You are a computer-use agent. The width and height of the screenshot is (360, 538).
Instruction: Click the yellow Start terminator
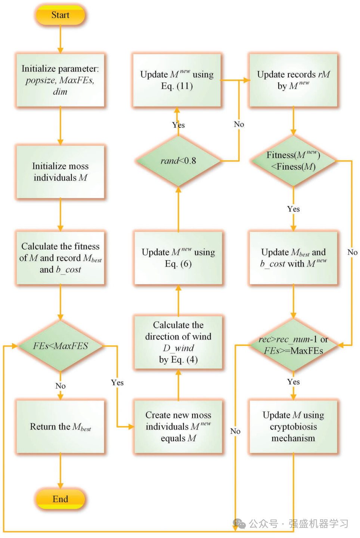[60, 15]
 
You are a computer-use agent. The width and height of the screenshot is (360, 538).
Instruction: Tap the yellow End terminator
[60, 499]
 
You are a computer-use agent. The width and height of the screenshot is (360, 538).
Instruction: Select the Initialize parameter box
[60, 80]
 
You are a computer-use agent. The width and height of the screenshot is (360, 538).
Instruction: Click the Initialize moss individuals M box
[60, 171]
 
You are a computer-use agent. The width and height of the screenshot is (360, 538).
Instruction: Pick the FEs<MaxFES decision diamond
[60, 346]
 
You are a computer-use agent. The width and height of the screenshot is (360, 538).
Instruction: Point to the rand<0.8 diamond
[178, 161]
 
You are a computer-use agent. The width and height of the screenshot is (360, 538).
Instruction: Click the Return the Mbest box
[60, 427]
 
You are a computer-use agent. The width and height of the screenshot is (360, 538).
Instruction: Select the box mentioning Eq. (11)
[177, 80]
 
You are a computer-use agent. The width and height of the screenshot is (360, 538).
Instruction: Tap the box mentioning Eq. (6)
[178, 258]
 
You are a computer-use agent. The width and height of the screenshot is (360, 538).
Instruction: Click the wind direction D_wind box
[178, 342]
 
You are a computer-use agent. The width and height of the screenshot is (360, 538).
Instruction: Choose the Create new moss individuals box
[178, 427]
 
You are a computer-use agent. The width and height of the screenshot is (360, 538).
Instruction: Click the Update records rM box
[293, 80]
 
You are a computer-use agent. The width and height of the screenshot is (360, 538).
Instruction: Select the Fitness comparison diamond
[293, 161]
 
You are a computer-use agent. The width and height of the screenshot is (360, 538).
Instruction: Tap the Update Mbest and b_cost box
[293, 258]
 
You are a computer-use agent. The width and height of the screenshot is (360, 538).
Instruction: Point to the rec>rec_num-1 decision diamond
[293, 345]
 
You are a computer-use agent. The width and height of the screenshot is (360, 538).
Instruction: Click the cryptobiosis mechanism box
[293, 427]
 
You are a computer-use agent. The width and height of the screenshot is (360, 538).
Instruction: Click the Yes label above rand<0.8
[179, 125]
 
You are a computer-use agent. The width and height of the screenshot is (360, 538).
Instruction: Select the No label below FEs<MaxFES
[60, 386]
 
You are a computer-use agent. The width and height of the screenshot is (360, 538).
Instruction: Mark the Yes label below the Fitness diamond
[293, 209]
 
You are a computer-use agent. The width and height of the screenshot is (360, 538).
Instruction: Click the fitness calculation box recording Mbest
[60, 258]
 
